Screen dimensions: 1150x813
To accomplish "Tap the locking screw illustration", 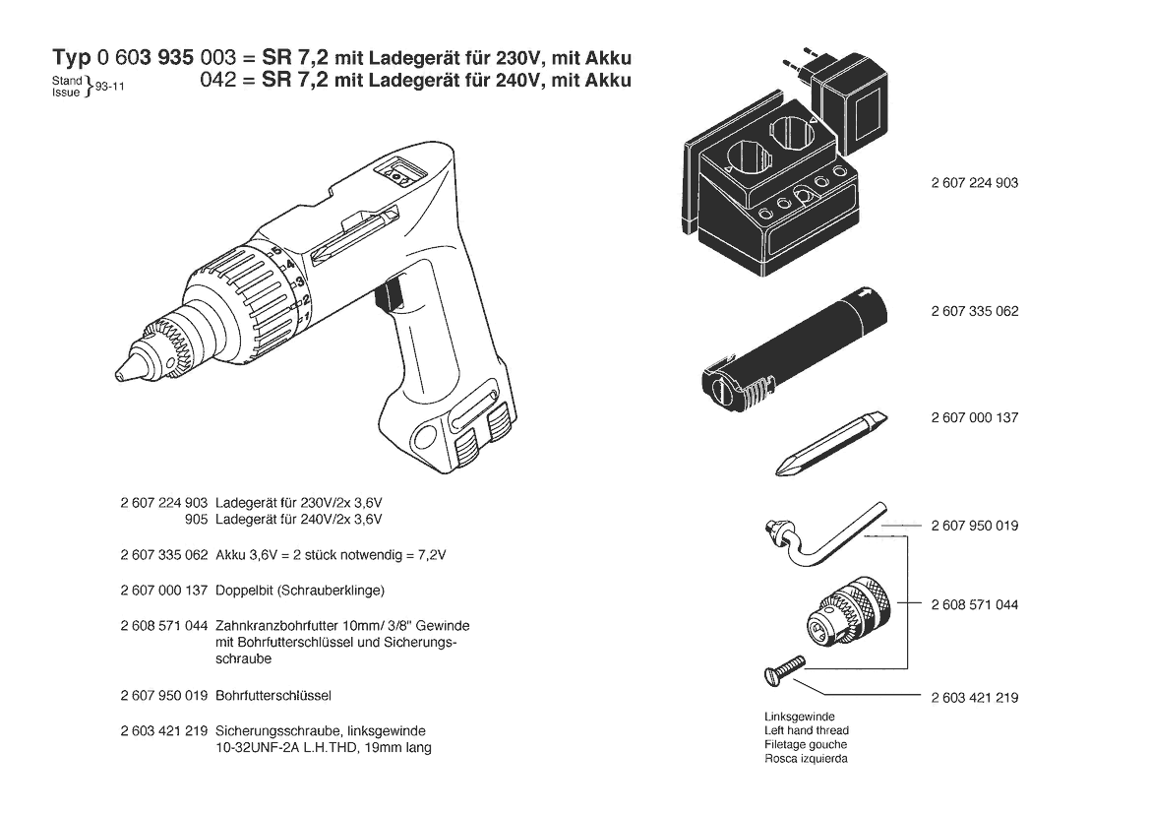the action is coord(784,671).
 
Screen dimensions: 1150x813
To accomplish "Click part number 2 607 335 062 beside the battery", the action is coord(975,311).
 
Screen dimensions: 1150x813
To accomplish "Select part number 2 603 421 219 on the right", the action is coord(975,698).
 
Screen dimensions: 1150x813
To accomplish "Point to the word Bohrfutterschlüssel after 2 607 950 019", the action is coord(273,695).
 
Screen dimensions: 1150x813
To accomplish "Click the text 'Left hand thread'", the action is coord(806,730).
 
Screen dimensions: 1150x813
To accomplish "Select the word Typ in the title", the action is coord(71,58).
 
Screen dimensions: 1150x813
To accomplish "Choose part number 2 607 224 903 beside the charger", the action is coord(975,183).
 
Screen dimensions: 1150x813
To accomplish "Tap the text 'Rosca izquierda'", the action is coord(806,758).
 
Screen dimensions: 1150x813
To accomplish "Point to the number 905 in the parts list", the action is coord(197,520).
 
